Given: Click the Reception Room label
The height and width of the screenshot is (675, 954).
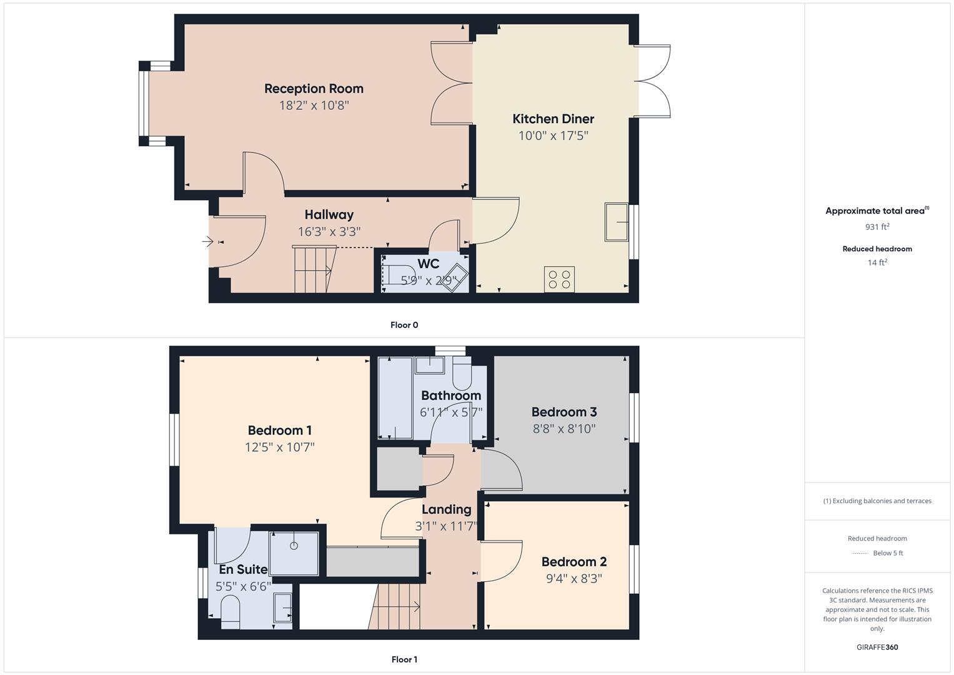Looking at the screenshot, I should pos(314,89).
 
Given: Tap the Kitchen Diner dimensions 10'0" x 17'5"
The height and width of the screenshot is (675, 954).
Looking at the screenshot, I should pos(553,136).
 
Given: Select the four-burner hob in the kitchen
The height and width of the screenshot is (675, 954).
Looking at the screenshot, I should pos(559,278).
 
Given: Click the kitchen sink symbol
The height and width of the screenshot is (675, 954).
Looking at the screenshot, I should pos(617,222).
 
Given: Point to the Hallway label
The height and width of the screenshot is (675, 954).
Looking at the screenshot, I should pos(329,215).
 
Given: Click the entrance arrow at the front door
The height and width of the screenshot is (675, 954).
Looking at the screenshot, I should pos(208,241).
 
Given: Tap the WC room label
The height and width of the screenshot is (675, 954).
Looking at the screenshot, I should pos(428,264).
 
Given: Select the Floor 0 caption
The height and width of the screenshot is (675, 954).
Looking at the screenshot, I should pos(404,325).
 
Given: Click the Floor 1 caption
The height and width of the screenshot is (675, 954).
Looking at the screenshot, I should pos(404,659).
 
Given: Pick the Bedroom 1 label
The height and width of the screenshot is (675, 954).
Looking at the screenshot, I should pos(279,431).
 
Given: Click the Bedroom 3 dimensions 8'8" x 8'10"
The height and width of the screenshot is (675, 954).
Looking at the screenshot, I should pos(564,429).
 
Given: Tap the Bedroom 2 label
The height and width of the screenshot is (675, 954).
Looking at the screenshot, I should pos(574,562).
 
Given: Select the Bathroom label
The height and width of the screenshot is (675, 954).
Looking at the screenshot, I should pos(450,396).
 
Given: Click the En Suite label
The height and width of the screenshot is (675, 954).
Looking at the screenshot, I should pos(243,569).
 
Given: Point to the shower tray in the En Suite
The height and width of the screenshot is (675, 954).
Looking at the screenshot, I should pos(294,552).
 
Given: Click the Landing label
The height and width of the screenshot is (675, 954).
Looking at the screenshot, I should pos(446,509).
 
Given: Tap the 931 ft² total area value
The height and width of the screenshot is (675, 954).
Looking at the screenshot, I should pos(877,227).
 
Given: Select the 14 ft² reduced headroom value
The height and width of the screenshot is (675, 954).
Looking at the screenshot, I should pos(877,262).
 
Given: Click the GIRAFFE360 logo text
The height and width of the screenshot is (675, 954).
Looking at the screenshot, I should pos(877,647).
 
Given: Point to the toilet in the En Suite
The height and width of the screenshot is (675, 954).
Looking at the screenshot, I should pos(231,611).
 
